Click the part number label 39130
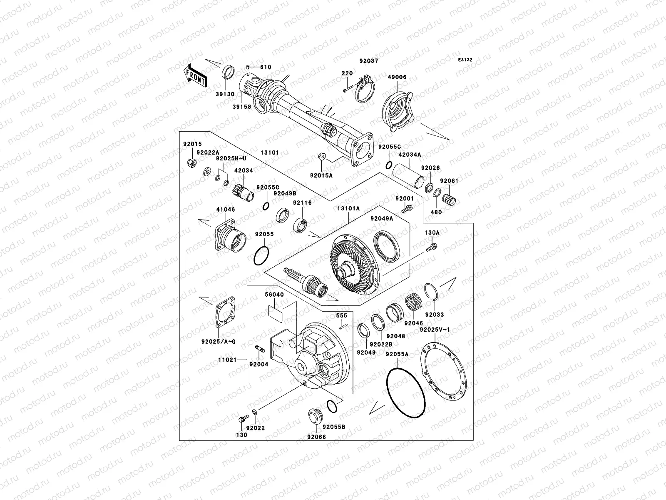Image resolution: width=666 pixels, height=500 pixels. tap(225, 95)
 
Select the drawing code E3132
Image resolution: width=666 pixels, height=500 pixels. tap(466, 60)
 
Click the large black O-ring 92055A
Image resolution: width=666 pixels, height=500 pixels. tap(406, 393)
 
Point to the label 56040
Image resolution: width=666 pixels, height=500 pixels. tap(274, 295)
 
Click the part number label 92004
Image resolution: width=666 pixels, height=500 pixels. tap(259, 364)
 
